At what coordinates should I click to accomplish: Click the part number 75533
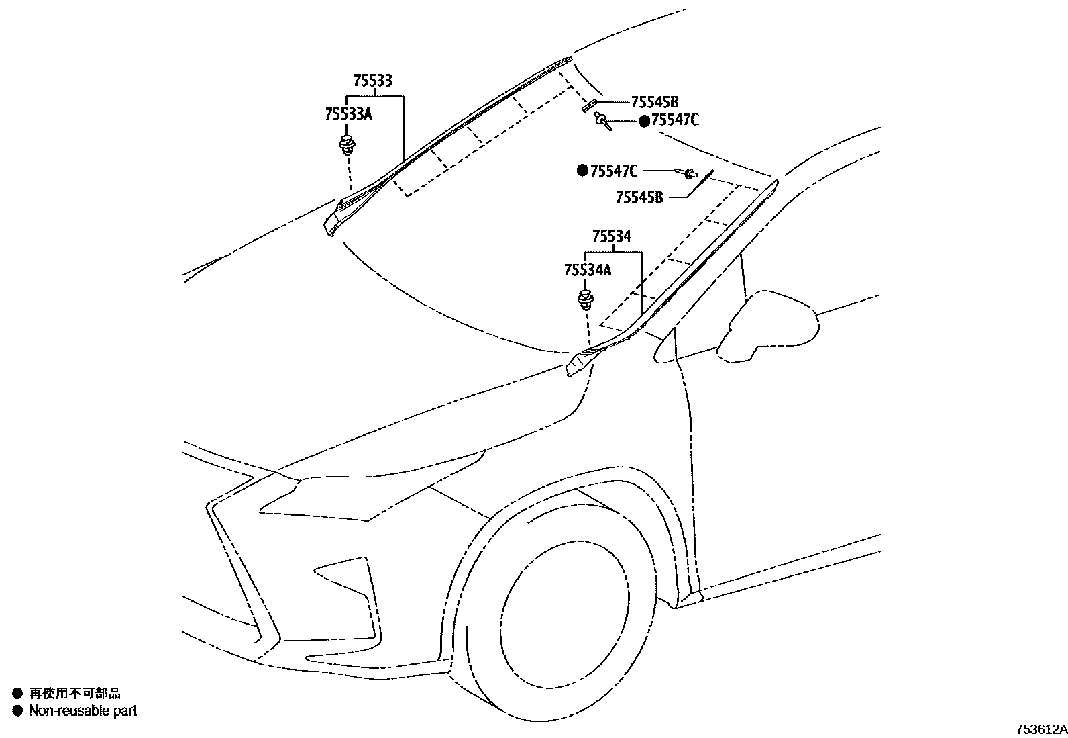pos(372,81)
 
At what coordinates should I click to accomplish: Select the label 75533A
pos(348,114)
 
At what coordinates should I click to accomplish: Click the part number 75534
pos(611,237)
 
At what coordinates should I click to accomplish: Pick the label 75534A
pos(588,270)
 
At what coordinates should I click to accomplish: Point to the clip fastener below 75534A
pos(586,299)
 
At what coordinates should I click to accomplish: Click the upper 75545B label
pos(654,102)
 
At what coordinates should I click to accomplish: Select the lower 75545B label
pos(639,197)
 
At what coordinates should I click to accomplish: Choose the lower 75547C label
pos(614,171)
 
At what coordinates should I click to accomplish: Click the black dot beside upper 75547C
pos(644,121)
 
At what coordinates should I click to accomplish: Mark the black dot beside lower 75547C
pos(582,171)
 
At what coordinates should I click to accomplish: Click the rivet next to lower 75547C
pos(688,174)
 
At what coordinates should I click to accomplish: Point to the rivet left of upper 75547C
pos(602,122)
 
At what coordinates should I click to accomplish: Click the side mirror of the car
pos(771,326)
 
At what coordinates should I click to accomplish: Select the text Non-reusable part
pos(83,710)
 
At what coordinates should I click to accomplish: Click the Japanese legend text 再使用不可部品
pos(75,694)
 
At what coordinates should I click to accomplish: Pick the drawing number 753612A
pos(1040,729)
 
